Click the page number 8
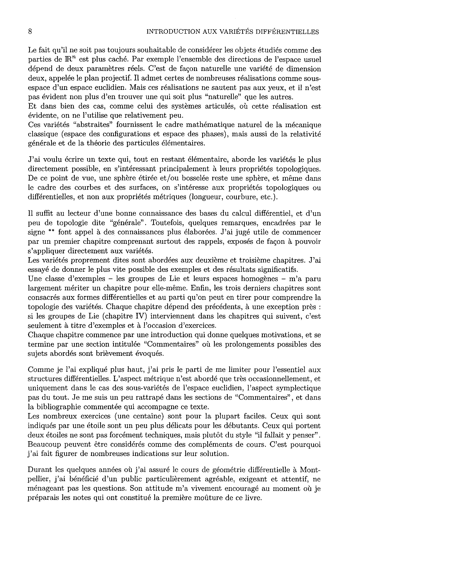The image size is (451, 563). (x=30, y=32)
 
